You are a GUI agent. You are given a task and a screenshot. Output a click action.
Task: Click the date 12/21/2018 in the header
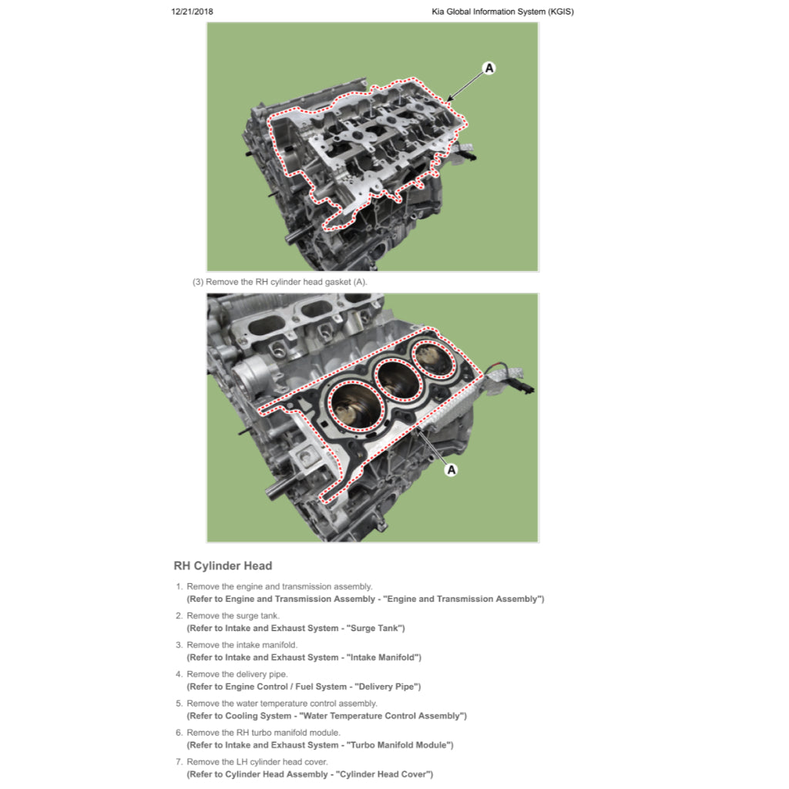coord(192,12)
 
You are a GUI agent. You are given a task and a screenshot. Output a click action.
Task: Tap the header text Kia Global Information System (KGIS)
coord(502,12)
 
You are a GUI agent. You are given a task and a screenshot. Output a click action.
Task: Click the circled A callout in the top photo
coord(489,68)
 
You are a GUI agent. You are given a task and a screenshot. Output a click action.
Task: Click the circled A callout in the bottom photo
coord(452,469)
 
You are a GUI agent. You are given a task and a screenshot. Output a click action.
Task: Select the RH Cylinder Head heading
coord(223,566)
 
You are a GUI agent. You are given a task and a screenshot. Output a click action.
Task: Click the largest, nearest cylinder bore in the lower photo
coord(356,405)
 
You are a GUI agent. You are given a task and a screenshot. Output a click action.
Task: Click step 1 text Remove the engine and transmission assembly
coord(279,586)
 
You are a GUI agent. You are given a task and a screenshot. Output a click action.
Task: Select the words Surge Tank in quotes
coord(375,628)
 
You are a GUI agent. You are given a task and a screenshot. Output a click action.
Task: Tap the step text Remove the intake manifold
coord(242,645)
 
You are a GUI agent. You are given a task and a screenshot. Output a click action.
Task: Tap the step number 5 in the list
coord(179,703)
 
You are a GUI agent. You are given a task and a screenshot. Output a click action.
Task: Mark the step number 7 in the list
coord(179,762)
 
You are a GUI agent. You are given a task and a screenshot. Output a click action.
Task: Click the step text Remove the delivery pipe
coord(237,673)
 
